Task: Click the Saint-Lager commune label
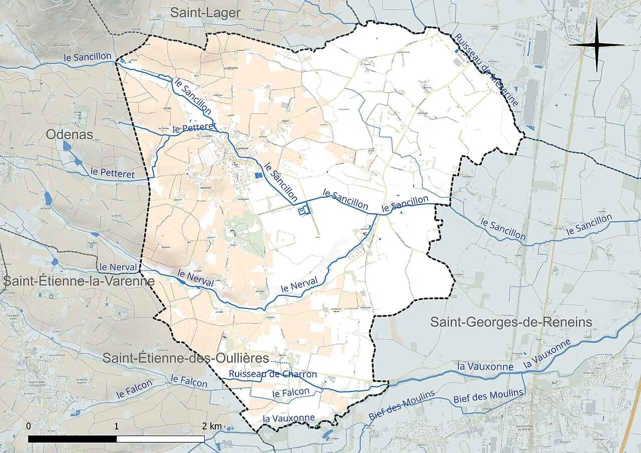pos(205,13)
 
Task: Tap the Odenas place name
pos(69,134)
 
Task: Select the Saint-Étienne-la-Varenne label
pos(79,281)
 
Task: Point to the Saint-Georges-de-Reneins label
pos(511,322)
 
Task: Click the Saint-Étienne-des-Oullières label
pos(186,357)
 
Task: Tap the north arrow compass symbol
pos(596,45)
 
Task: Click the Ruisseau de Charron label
pos(273,374)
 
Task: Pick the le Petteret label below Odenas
pos(113,173)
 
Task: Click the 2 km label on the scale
pos(212,426)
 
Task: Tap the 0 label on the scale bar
pos(29,426)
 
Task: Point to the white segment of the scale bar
pos(160,438)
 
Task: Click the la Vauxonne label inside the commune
pos(289,418)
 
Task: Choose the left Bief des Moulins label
pos(402,405)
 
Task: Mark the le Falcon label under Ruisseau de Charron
pos(290,392)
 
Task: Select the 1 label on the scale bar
pos(116,426)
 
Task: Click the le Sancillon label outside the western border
pos(88,57)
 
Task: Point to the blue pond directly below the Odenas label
pos(67,146)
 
